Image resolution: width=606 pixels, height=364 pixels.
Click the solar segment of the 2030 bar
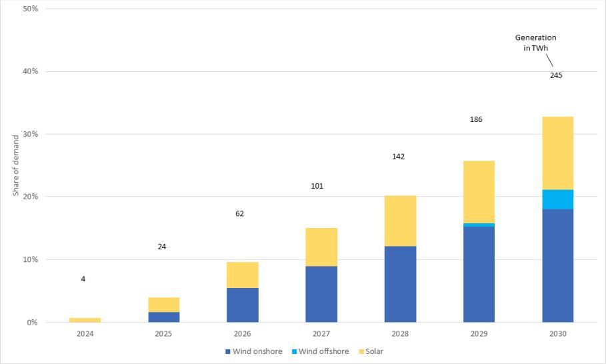point(557,153)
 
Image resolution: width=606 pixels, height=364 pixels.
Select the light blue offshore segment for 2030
point(557,199)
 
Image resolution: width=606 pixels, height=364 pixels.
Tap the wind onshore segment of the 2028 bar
point(400,284)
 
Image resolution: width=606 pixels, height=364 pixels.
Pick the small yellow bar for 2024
point(85,320)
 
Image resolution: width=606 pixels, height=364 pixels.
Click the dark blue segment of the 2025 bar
point(163,317)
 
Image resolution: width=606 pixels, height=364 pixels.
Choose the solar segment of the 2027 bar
point(321,247)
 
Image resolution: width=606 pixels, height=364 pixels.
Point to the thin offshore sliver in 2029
point(479,225)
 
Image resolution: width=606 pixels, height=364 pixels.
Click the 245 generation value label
point(556,75)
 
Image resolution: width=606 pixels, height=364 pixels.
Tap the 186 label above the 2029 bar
point(476,119)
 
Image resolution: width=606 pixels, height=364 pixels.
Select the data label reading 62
point(240,214)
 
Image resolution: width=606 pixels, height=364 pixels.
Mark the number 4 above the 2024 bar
point(83,279)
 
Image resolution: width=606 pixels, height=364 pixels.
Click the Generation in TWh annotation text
point(535,43)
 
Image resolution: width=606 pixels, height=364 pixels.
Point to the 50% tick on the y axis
point(30,9)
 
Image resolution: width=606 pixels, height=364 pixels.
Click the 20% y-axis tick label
point(30,197)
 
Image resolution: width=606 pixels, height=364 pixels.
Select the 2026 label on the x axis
point(242,333)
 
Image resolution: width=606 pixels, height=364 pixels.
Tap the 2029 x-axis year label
point(479,333)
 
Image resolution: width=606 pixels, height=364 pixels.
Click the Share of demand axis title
point(15,165)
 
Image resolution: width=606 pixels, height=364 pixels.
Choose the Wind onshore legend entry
point(253,351)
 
